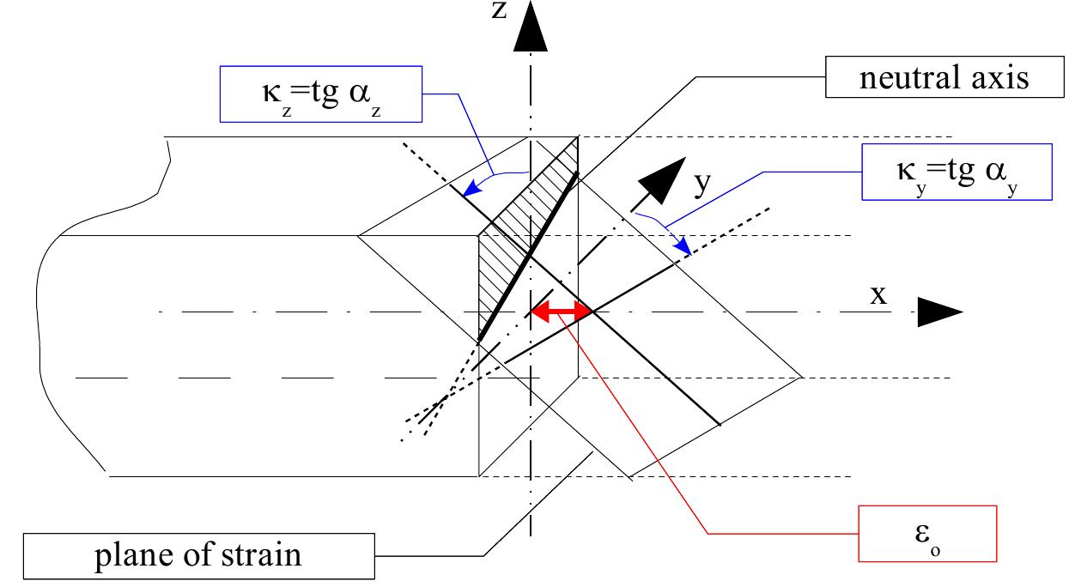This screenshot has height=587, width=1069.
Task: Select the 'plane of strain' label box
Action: (197, 554)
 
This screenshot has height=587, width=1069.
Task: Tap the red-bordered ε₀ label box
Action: (927, 534)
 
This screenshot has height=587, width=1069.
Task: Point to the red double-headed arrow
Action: (561, 312)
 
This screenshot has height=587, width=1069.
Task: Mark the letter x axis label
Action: (878, 294)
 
